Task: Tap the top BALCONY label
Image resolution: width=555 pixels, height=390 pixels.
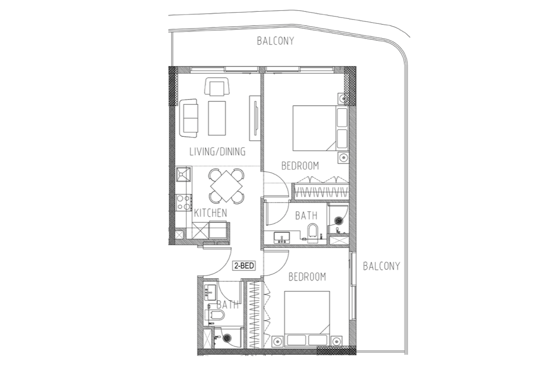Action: [275, 41]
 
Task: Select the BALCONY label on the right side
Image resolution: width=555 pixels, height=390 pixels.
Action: [381, 266]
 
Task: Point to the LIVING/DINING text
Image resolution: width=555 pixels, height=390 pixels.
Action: [217, 151]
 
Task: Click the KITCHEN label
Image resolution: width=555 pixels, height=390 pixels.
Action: [211, 212]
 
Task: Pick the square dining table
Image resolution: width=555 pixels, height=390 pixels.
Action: [227, 185]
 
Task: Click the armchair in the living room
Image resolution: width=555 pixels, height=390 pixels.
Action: [217, 87]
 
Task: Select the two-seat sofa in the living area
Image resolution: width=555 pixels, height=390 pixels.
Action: [189, 118]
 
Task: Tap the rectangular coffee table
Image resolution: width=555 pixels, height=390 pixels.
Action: [217, 118]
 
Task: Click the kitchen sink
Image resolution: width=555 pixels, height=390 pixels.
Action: [184, 174]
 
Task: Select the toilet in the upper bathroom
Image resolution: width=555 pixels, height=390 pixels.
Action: [312, 232]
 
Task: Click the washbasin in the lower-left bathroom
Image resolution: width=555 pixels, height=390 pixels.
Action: [210, 293]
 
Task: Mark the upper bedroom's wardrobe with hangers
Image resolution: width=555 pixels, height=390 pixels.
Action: [322, 191]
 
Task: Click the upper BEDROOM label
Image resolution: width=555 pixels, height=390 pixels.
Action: [300, 166]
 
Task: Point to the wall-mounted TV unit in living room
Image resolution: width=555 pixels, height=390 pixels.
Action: [253, 117]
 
